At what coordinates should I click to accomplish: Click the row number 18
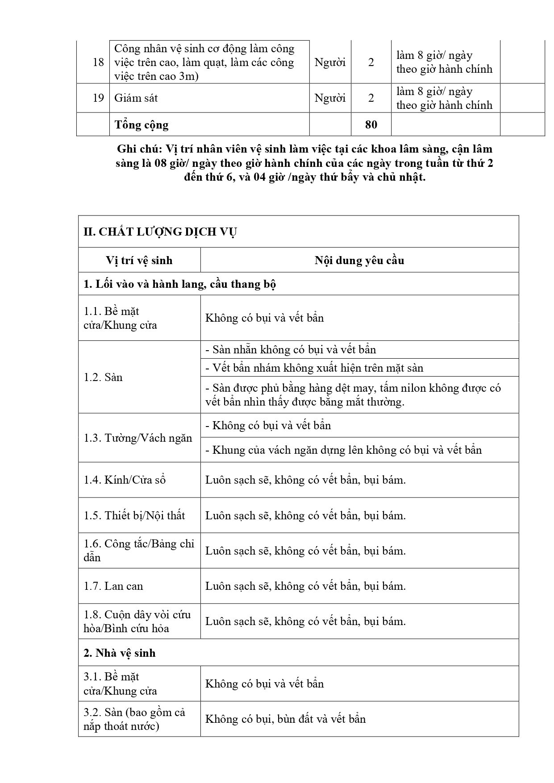point(98,62)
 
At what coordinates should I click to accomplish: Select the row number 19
point(98,98)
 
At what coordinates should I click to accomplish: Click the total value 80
point(371,124)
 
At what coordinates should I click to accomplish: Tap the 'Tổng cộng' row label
point(142,124)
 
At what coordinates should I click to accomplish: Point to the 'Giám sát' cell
point(136,98)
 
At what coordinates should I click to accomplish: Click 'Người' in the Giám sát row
point(330,98)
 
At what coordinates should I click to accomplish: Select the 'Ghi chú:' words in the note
point(139,149)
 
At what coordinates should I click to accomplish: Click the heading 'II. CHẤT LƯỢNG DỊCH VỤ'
point(160,232)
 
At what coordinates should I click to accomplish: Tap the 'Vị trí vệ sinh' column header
point(139,260)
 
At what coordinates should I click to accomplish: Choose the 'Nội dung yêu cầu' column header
point(359,260)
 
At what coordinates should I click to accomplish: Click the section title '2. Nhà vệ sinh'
point(120,653)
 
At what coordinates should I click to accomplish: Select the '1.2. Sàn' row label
point(103,377)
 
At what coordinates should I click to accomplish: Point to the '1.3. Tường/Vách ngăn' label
point(138,438)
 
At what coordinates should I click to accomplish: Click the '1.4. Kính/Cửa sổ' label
point(125,480)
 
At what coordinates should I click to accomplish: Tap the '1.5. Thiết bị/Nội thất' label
point(134,515)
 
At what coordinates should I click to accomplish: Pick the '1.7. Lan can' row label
point(113,586)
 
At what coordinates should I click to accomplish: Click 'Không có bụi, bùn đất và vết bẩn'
point(285,719)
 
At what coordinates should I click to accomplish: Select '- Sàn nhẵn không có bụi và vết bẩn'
point(291,349)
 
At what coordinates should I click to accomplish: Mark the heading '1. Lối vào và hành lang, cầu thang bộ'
point(180,284)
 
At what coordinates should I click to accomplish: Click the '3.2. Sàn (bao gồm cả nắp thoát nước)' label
point(134,719)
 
